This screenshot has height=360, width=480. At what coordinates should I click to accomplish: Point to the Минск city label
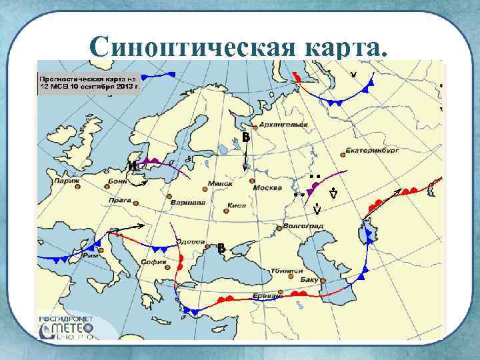pos(220,183)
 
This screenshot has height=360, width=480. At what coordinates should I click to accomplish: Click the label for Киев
pos(237,205)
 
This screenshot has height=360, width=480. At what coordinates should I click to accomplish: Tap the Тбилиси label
pos(287,271)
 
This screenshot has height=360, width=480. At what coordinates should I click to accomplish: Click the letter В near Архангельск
pos(245,137)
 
